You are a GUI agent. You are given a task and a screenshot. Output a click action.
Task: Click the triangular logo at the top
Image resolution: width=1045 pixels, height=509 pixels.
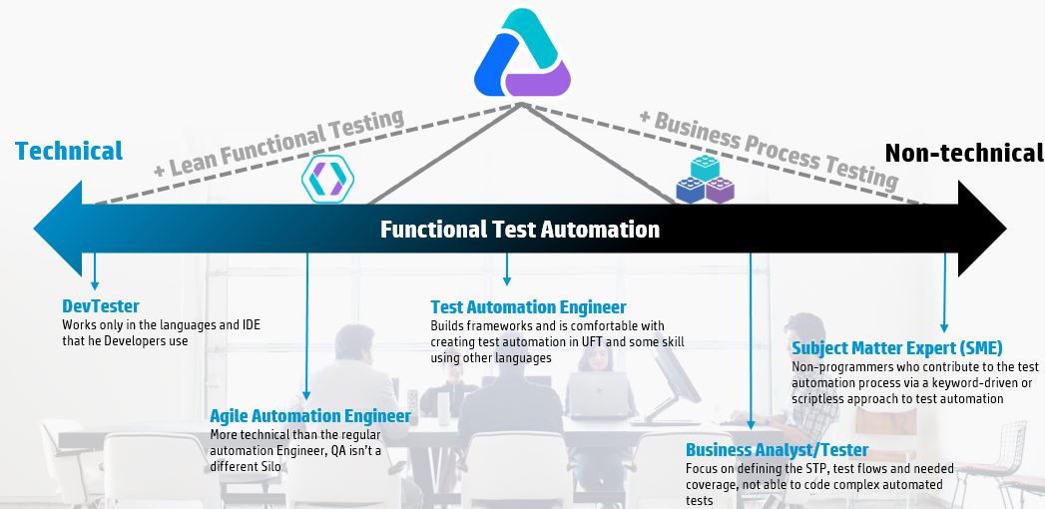522,55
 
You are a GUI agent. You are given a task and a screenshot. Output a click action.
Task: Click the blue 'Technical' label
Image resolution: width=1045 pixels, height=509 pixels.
69,151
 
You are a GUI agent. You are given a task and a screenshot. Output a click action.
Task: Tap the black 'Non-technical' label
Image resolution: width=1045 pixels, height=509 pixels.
963,153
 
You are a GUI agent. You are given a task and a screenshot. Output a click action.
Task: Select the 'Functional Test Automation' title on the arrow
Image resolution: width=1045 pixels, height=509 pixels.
520,230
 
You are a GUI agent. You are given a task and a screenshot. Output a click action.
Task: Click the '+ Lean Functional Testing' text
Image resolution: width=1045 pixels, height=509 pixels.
278,144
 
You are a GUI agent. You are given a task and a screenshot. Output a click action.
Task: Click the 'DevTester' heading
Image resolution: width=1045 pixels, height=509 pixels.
101,306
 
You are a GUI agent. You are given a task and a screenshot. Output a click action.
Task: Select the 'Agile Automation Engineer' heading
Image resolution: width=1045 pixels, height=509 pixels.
309,416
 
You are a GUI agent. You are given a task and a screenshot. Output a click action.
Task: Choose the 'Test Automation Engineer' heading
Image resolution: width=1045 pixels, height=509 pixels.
528,307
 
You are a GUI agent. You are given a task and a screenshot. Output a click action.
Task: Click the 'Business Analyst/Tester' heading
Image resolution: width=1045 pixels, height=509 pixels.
777,450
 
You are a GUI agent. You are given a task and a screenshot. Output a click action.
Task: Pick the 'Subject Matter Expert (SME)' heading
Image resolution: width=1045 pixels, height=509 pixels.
897,348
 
